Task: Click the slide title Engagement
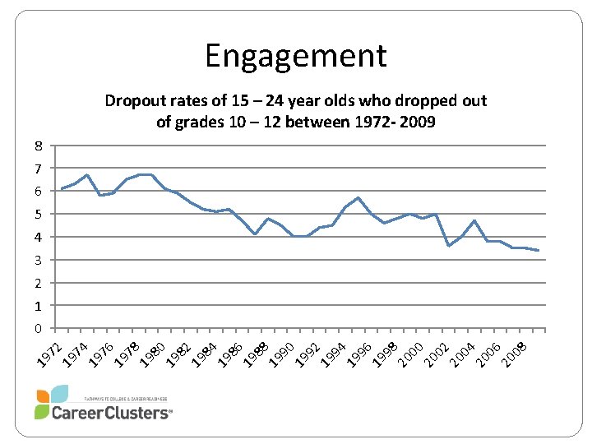(295, 56)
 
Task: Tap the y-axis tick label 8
(38, 146)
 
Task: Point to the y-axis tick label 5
(38, 215)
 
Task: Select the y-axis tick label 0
(38, 329)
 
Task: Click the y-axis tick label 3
(38, 261)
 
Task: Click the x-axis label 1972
(51, 349)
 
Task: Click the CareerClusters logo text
(112, 413)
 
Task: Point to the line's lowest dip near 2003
(448, 246)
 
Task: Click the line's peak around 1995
(358, 198)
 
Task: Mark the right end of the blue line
(539, 250)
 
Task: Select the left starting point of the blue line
(62, 189)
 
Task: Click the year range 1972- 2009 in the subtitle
(390, 122)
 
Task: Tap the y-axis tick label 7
(38, 169)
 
